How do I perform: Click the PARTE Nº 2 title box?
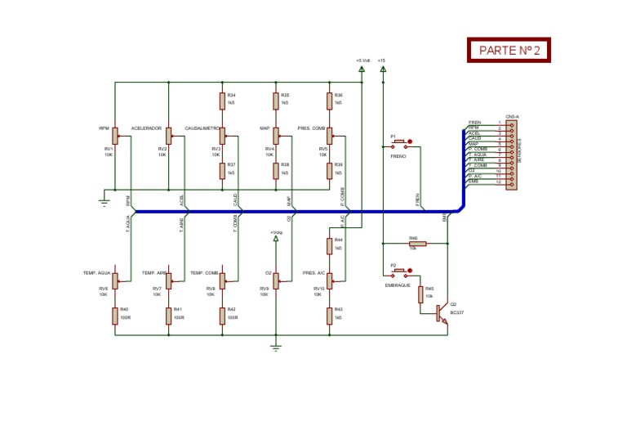pyautogui.click(x=509, y=50)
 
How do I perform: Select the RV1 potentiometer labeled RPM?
pyautogui.click(x=114, y=136)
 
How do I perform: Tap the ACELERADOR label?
pyautogui.click(x=146, y=128)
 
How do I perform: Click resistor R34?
pyautogui.click(x=221, y=101)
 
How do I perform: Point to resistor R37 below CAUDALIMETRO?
pyautogui.click(x=221, y=170)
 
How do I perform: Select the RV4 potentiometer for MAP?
pyautogui.click(x=276, y=136)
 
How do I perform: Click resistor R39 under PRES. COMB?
pyautogui.click(x=329, y=170)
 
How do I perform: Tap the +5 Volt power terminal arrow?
pyautogui.click(x=362, y=70)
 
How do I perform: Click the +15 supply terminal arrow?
pyautogui.click(x=382, y=70)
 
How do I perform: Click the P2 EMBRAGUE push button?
pyautogui.click(x=400, y=272)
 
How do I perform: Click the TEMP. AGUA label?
pyautogui.click(x=96, y=272)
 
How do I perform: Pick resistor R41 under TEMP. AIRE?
pyautogui.click(x=168, y=314)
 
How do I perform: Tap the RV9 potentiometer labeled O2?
pyautogui.click(x=276, y=280)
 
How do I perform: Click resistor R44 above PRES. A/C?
pyautogui.click(x=329, y=244)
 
